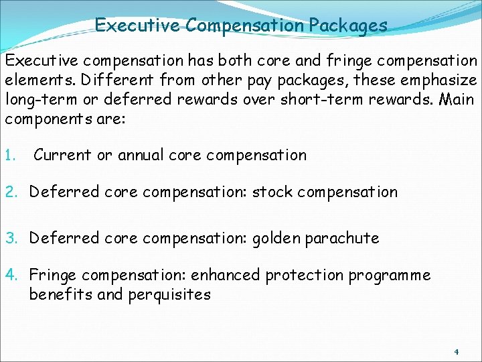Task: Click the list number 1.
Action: (x=11, y=156)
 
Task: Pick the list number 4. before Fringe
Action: (x=13, y=276)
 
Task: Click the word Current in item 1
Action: (x=62, y=156)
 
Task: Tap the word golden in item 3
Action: (x=276, y=239)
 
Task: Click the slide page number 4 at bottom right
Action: (x=456, y=351)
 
